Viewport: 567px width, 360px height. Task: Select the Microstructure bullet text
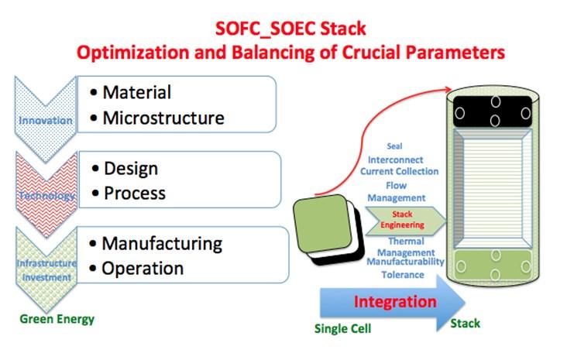coord(163,118)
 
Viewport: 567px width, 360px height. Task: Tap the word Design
coord(129,168)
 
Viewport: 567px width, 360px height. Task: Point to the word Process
coord(134,192)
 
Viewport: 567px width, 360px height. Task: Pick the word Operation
coord(143,268)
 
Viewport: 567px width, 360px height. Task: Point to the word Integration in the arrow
coord(395,301)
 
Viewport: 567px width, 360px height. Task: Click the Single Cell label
coord(342,328)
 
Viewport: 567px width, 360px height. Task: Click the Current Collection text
coord(399,171)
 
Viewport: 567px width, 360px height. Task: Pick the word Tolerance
coord(402,274)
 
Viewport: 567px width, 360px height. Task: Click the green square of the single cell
coord(325,225)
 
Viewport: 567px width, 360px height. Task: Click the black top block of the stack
coord(492,113)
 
